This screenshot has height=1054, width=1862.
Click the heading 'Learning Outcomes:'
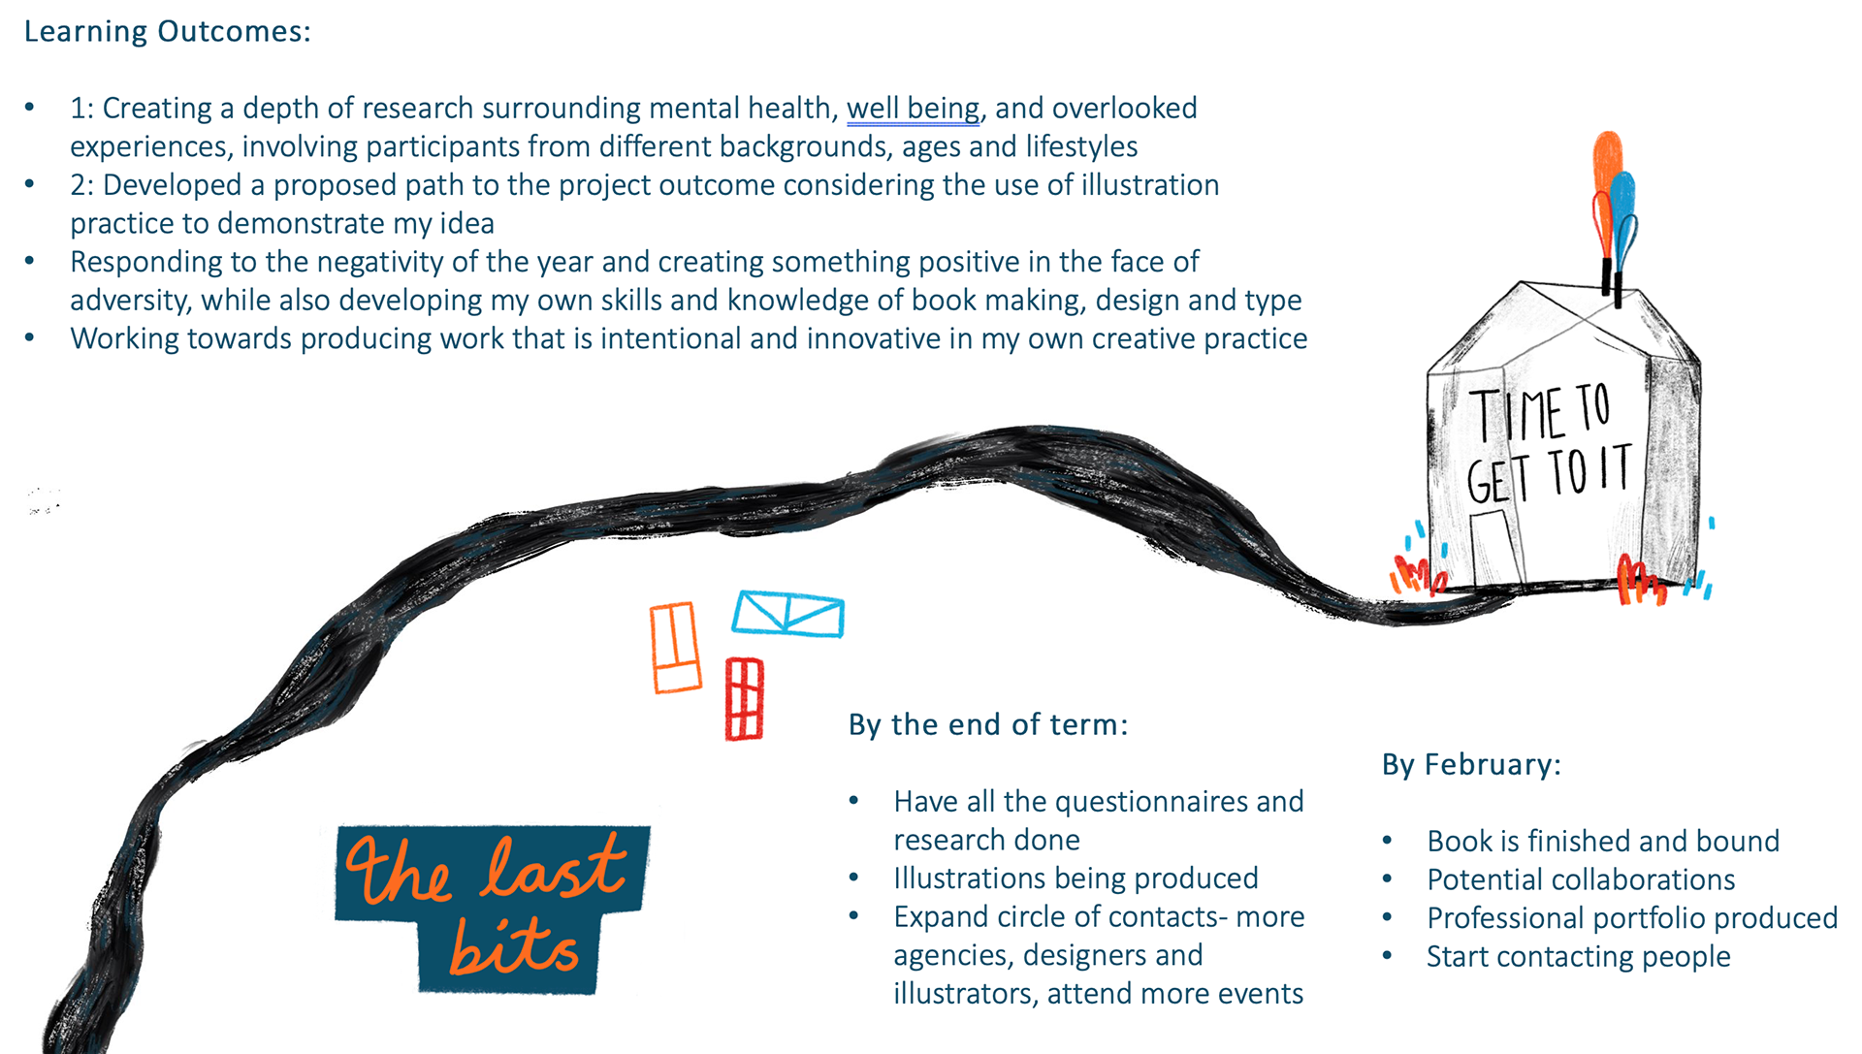click(167, 32)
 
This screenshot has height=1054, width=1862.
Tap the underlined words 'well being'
click(913, 109)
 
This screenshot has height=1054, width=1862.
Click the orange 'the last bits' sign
click(492, 908)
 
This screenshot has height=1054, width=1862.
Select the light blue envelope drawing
click(787, 614)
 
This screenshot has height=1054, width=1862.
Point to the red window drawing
click(745, 699)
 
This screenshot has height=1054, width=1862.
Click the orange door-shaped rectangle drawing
click(675, 648)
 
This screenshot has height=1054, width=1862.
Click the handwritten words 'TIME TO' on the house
click(1540, 413)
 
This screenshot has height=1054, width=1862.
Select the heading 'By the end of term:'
click(988, 725)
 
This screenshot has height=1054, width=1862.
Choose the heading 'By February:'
click(1471, 765)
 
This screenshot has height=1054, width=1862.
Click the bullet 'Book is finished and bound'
click(1603, 841)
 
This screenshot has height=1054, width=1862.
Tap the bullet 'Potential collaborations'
click(1581, 879)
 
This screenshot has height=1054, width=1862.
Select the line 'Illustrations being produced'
click(1075, 878)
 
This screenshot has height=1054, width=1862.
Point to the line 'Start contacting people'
click(1578, 957)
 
